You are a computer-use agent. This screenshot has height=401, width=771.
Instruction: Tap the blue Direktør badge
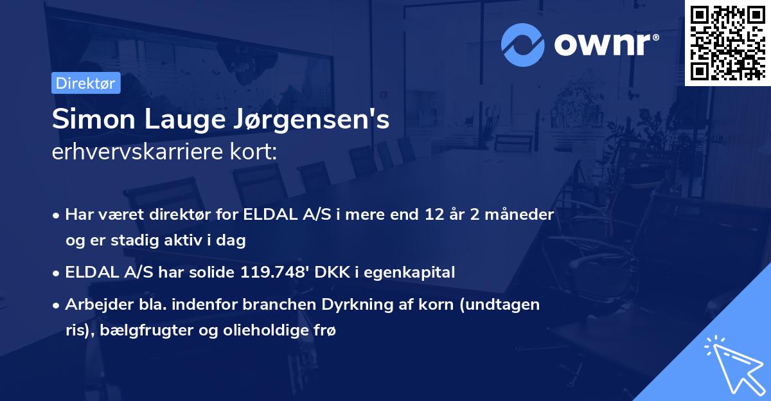(85, 83)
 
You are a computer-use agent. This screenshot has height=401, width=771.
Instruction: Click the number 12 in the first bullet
(427, 214)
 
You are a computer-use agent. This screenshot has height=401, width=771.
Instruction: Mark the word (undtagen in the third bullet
(510, 305)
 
